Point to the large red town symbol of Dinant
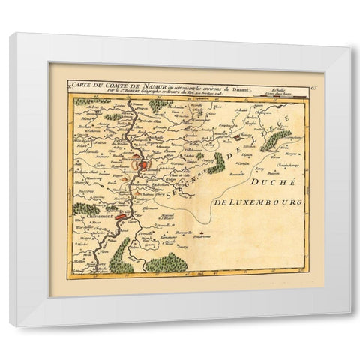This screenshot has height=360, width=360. [x=145, y=168]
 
